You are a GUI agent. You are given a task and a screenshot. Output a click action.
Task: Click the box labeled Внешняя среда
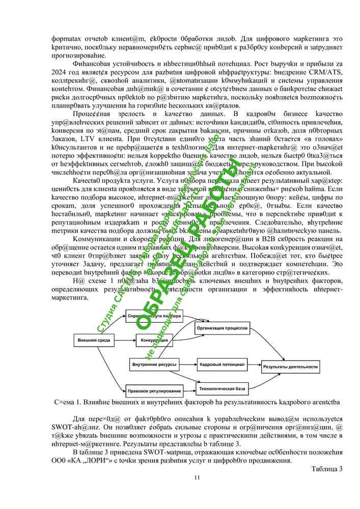click(94, 340)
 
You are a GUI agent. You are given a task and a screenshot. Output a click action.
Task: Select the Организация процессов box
click(223, 329)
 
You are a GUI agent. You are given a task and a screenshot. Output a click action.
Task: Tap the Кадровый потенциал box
click(222, 365)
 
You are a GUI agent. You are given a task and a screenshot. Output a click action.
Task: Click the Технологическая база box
click(222, 389)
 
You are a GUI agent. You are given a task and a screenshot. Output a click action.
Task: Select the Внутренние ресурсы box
click(155, 365)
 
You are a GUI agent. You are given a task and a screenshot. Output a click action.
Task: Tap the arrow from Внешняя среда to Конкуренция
click(122, 340)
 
